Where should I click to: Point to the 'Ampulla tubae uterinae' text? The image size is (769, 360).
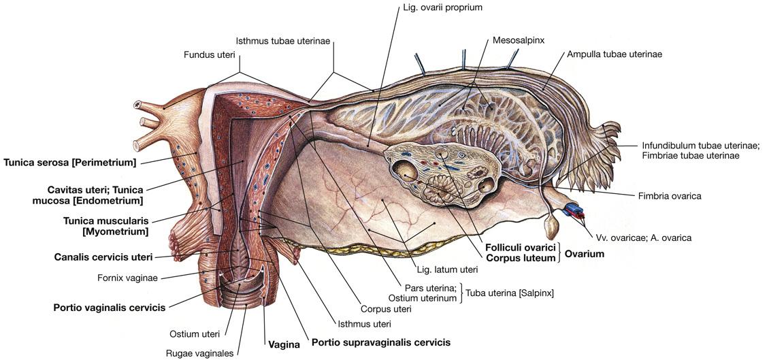click(614, 54)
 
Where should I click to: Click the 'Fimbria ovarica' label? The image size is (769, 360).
click(669, 196)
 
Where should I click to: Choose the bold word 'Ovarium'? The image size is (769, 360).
click(584, 253)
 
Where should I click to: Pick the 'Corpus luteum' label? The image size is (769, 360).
click(521, 259)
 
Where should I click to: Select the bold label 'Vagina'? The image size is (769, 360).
click(284, 344)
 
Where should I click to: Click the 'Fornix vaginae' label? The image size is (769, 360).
click(128, 278)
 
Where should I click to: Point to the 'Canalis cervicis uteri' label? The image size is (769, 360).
click(103, 257)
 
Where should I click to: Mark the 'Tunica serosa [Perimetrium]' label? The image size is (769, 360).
click(70, 162)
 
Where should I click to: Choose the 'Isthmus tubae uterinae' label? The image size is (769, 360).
click(282, 41)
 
